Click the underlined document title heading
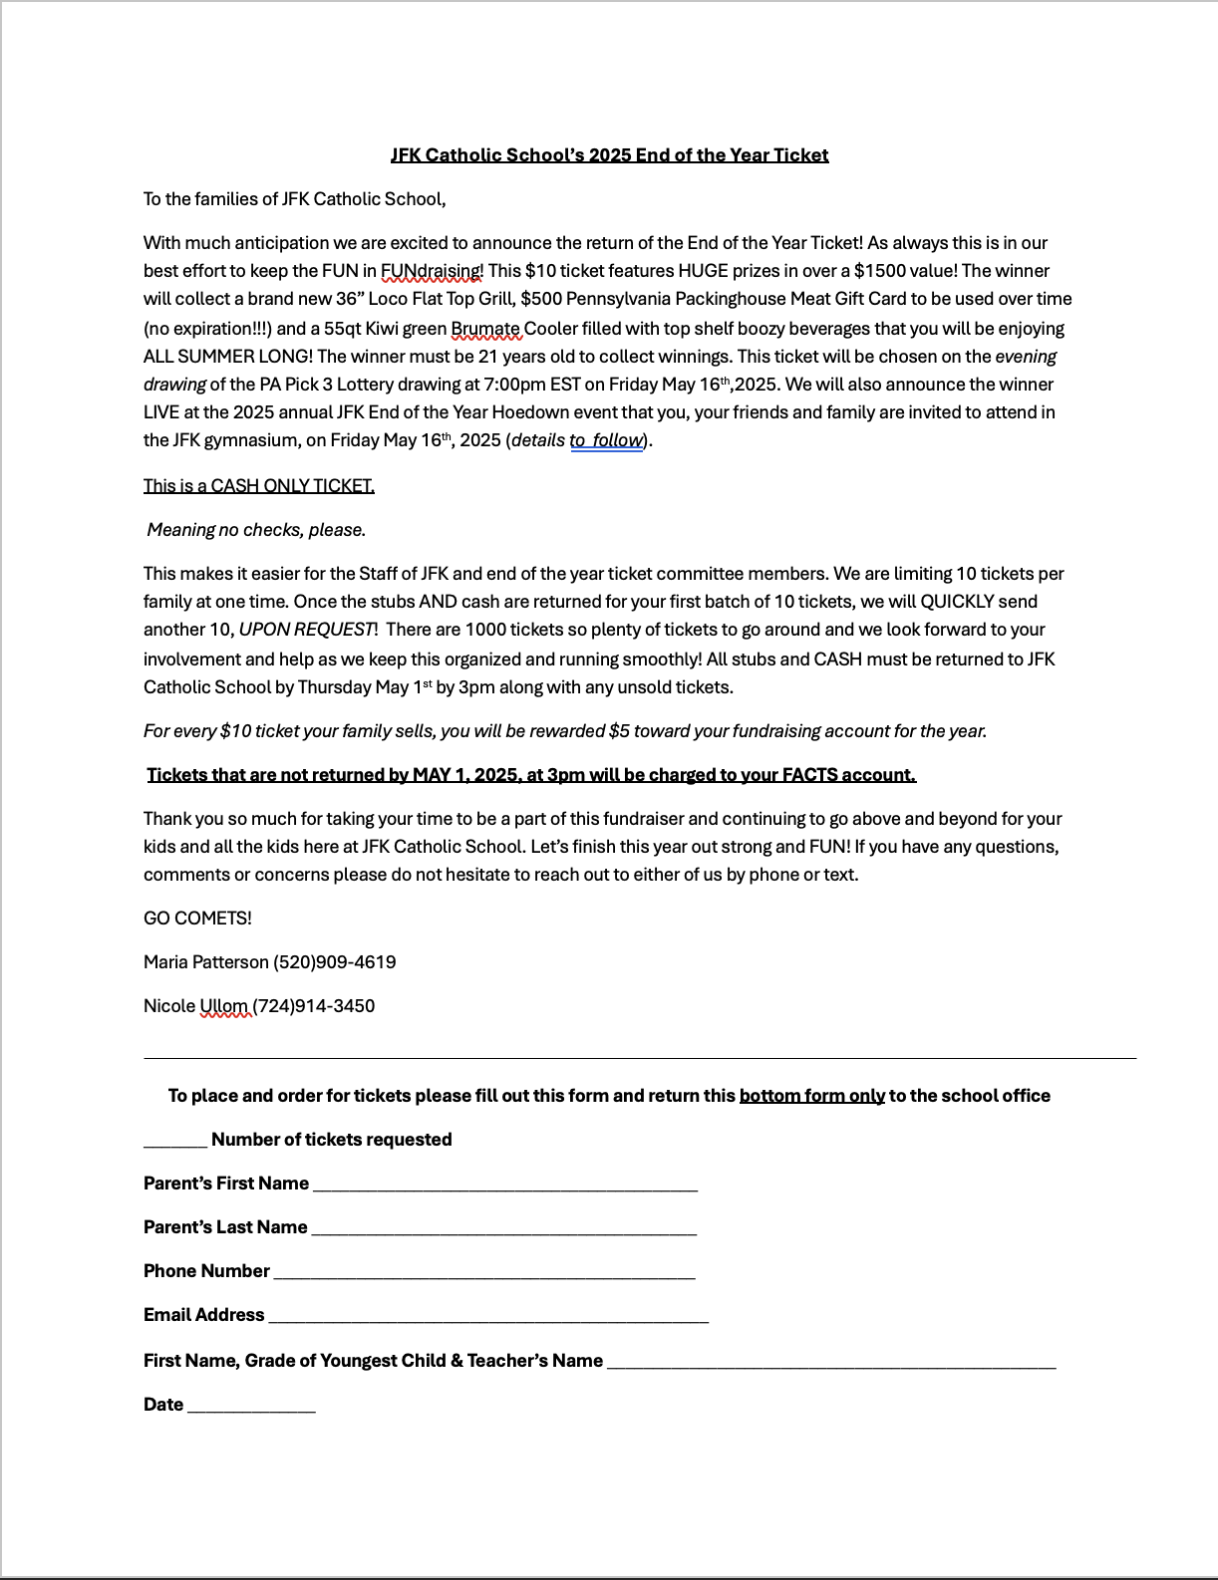pyautogui.click(x=609, y=155)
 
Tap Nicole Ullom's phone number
pyautogui.click(x=314, y=1006)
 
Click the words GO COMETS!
pyautogui.click(x=197, y=919)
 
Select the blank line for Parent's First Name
pyautogui.click(x=504, y=1185)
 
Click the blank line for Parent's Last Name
pyautogui.click(x=503, y=1229)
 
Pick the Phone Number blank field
pyautogui.click(x=483, y=1273)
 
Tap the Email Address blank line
pyautogui.click(x=488, y=1317)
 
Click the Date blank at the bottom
pyautogui.click(x=251, y=1407)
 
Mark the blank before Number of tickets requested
pyautogui.click(x=175, y=1142)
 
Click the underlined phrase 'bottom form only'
pyautogui.click(x=811, y=1096)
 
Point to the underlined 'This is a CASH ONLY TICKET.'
pyautogui.click(x=259, y=486)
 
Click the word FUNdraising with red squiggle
pyautogui.click(x=431, y=271)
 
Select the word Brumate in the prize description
pyautogui.click(x=485, y=329)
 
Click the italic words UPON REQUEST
pyautogui.click(x=306, y=630)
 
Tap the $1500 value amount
pyautogui.click(x=879, y=271)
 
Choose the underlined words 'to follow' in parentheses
pyautogui.click(x=606, y=440)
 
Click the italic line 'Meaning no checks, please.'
pyautogui.click(x=256, y=530)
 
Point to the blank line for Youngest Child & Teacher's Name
pyautogui.click(x=831, y=1363)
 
